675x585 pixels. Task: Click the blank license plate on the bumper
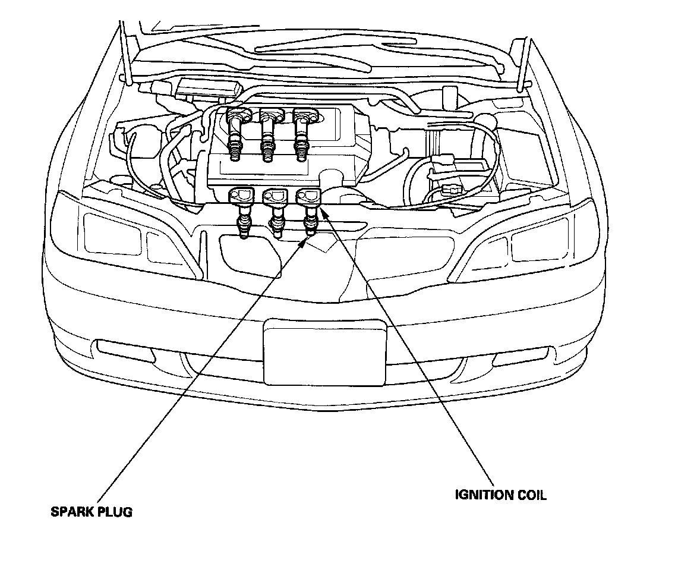coord(325,352)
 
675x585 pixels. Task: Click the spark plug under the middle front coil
coord(276,228)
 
